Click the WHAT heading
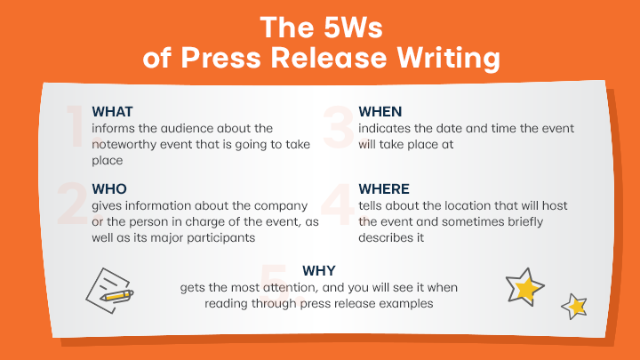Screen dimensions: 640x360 tap(112, 111)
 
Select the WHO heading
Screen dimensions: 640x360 tap(109, 189)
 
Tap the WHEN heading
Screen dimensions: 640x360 tap(380, 111)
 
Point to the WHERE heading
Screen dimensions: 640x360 tap(384, 189)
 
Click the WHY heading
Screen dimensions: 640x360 tap(319, 270)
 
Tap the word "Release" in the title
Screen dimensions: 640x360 tap(328, 57)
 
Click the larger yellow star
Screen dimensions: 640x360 tap(525, 287)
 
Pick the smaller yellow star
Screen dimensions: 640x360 tap(575, 307)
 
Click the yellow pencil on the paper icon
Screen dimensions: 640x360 tap(116, 295)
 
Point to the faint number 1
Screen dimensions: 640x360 tap(77, 125)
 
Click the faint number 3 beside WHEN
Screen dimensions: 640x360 tap(338, 126)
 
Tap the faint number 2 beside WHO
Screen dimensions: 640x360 tap(73, 204)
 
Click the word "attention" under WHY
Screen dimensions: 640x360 tap(290, 287)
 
